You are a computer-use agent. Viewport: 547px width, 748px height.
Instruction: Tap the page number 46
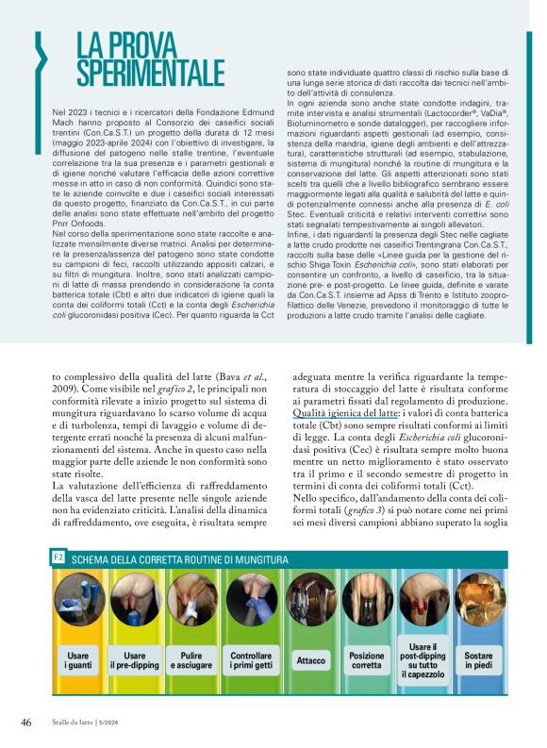(x=27, y=722)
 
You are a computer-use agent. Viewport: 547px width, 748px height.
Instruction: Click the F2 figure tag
(x=58, y=559)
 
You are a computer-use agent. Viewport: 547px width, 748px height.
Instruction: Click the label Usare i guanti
(x=78, y=659)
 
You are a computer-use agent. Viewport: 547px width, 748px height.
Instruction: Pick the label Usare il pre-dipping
(x=135, y=659)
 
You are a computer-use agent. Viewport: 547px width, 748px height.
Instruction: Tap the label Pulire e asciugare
(x=193, y=659)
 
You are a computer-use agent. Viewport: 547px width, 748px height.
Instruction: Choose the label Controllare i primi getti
(x=251, y=659)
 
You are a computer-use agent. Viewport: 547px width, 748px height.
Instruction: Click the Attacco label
(x=310, y=660)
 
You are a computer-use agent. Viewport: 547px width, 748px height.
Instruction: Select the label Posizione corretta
(x=367, y=659)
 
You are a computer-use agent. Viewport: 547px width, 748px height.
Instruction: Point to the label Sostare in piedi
(x=478, y=659)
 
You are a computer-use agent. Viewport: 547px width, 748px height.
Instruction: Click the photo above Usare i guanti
(x=78, y=599)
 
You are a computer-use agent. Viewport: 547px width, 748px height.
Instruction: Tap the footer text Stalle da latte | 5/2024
(x=92, y=723)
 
